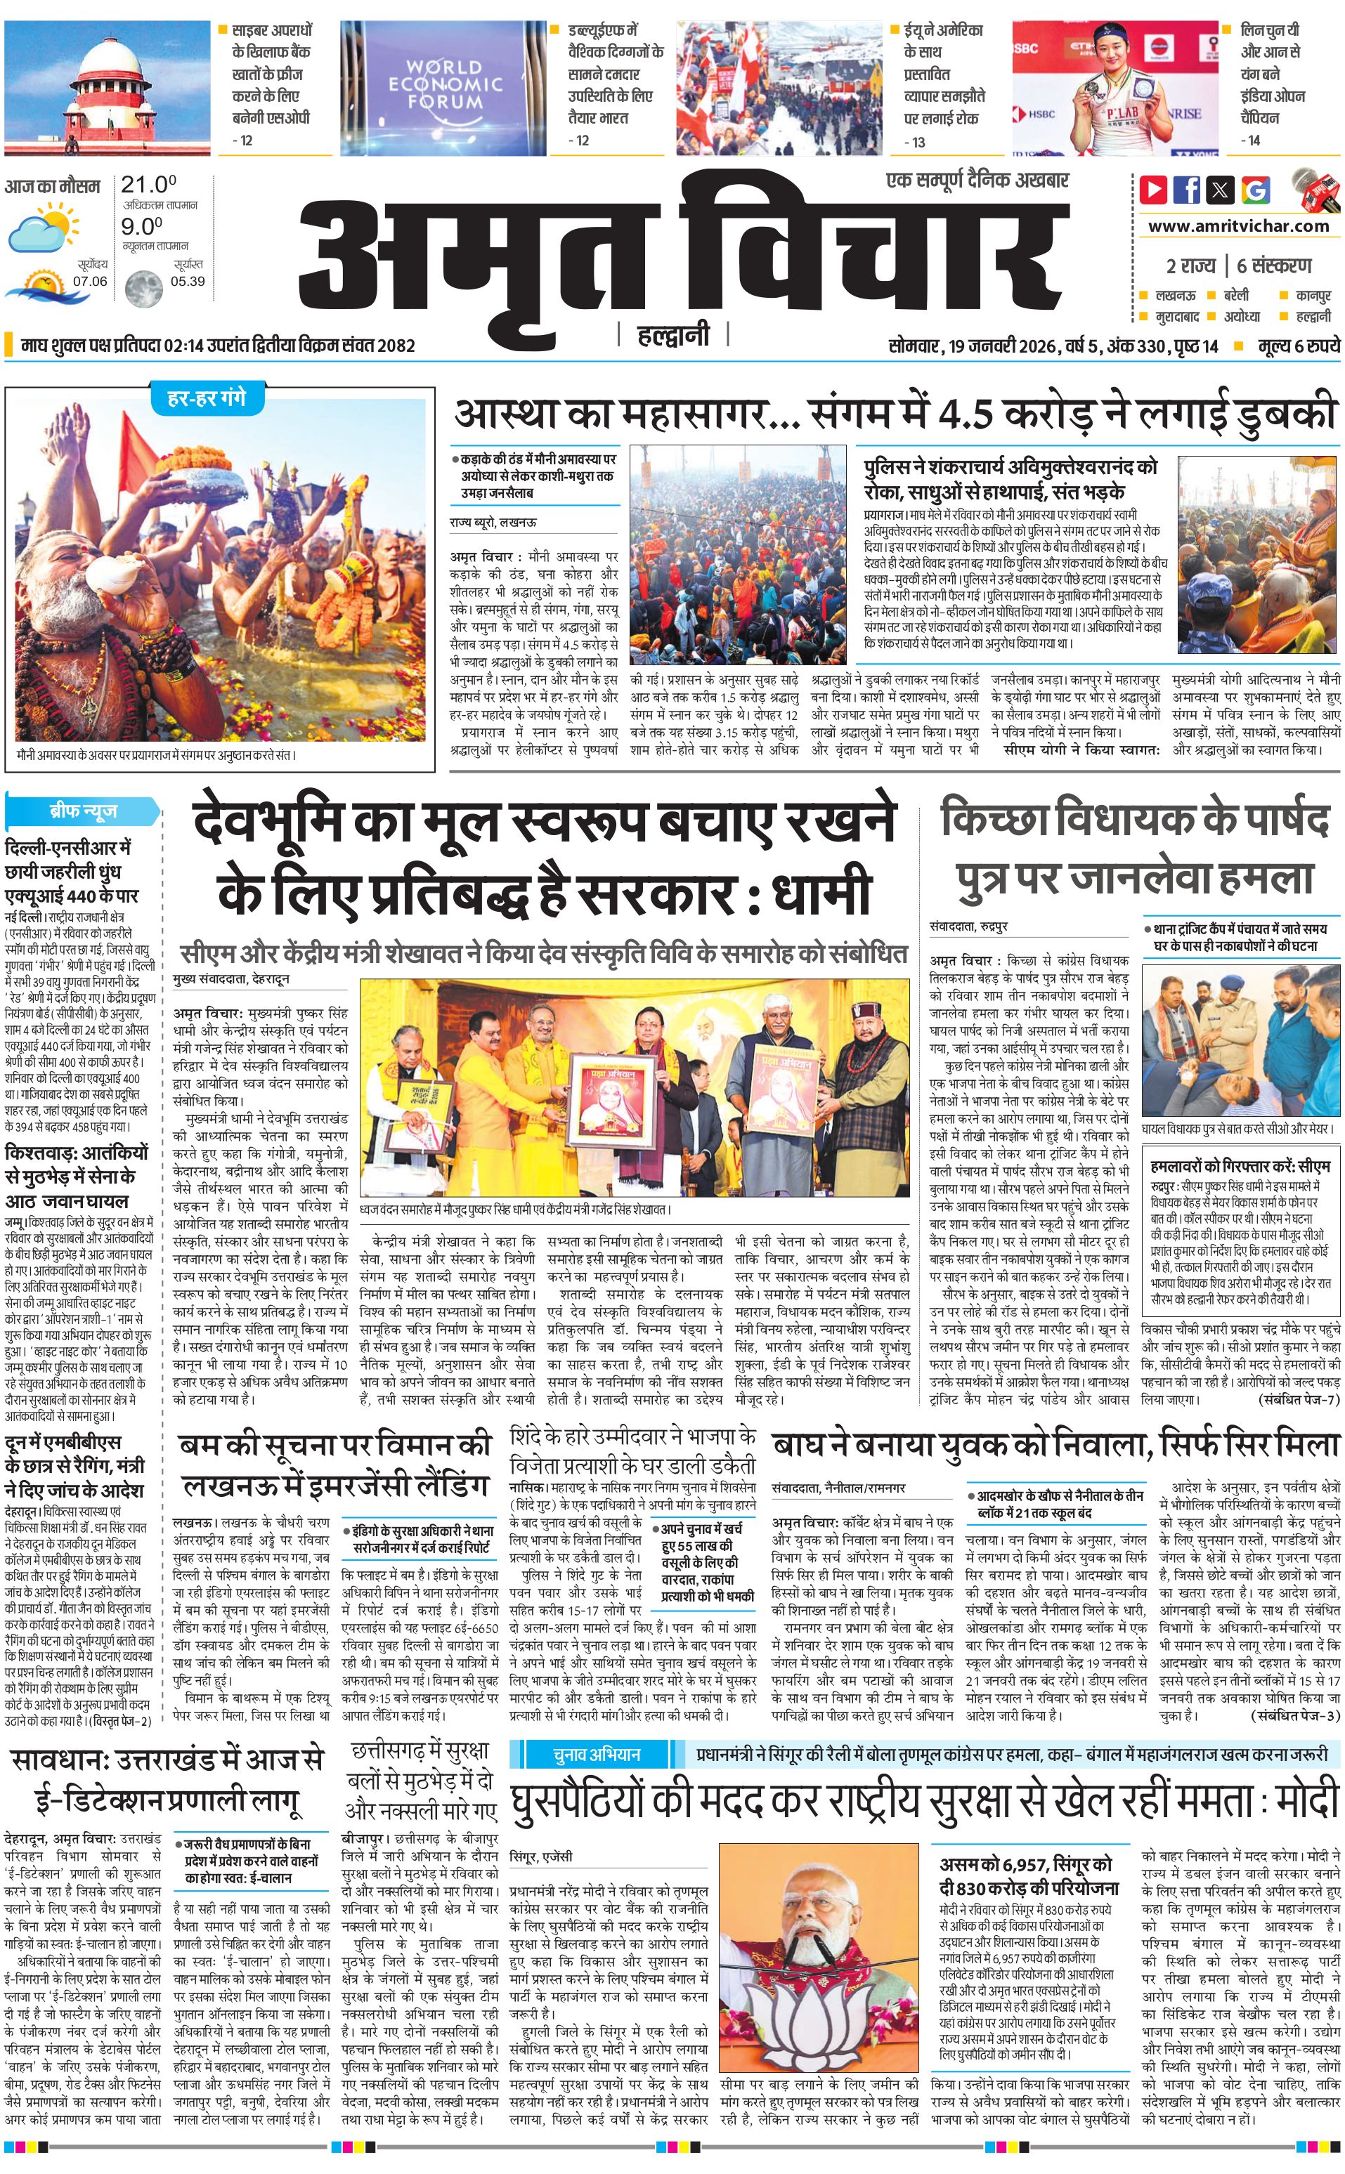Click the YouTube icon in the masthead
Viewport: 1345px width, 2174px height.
(1153, 190)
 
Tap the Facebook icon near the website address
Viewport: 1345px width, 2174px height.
(1187, 190)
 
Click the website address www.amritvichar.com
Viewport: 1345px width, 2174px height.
(1237, 226)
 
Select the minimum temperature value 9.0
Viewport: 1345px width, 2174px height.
(143, 227)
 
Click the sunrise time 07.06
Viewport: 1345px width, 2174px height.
(90, 282)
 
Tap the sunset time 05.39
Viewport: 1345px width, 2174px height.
(188, 282)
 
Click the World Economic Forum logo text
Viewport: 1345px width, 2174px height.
(445, 84)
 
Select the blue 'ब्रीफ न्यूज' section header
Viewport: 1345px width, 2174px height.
(83, 811)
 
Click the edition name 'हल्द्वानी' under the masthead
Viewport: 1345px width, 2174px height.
(673, 334)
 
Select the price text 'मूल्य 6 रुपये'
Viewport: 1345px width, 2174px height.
(1298, 346)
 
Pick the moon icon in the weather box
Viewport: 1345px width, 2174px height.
(143, 287)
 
